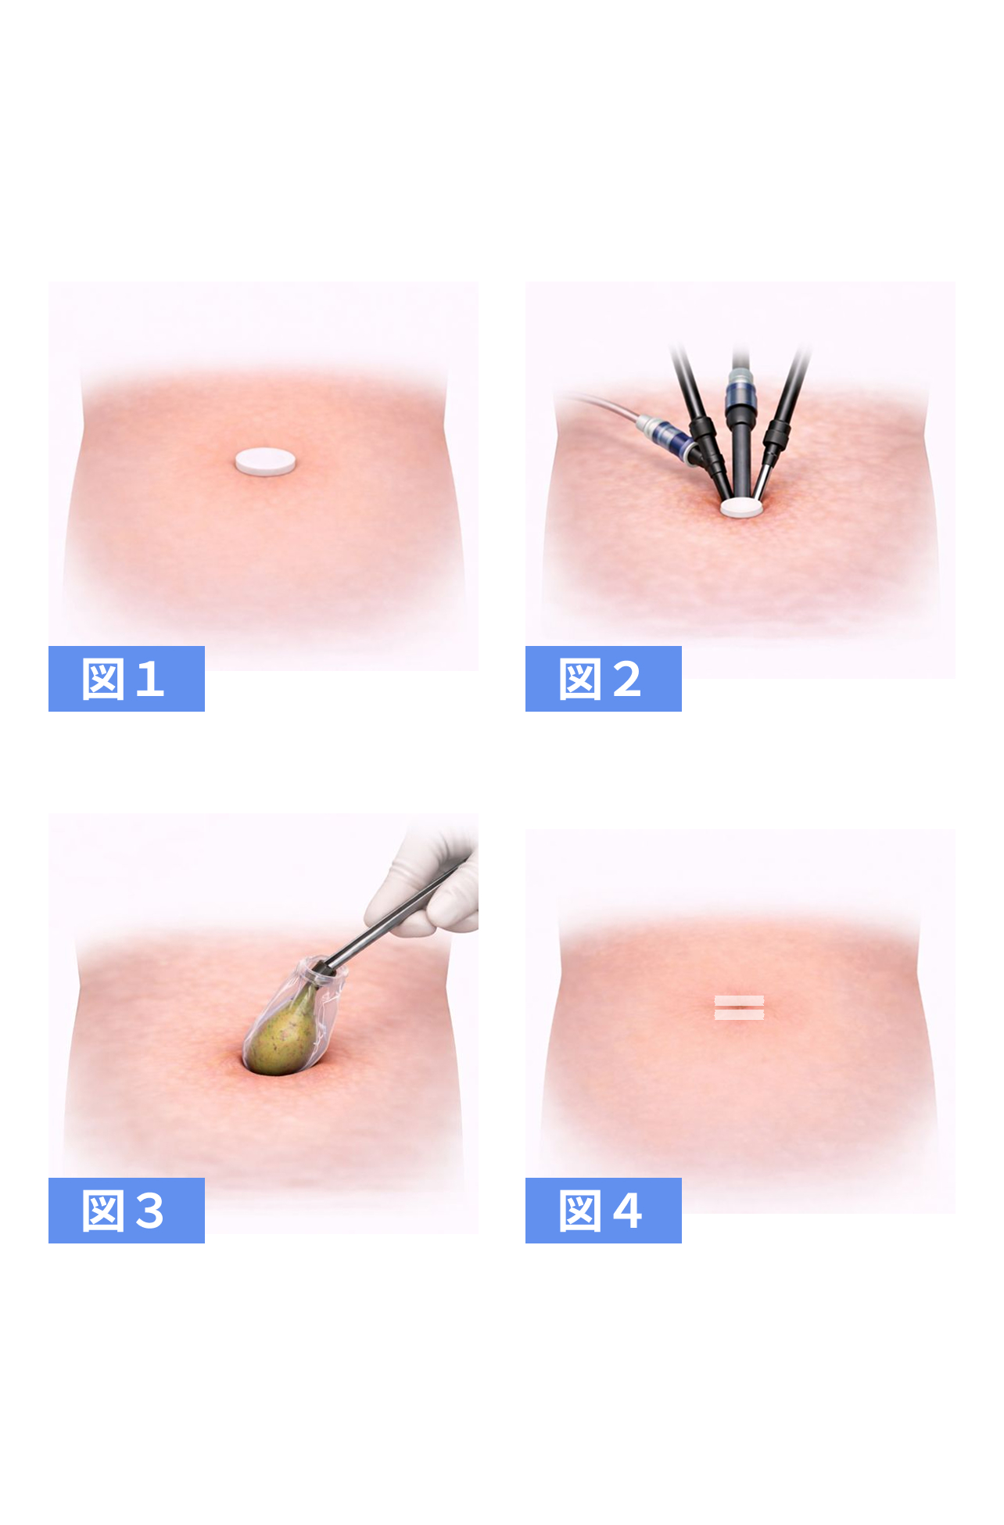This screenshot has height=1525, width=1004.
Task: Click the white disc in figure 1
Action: click(x=265, y=461)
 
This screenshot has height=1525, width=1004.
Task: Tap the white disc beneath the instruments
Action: click(x=740, y=508)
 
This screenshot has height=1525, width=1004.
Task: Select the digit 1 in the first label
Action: click(x=149, y=679)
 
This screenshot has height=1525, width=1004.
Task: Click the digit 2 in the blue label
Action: click(x=627, y=679)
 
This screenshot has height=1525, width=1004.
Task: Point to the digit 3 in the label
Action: click(x=149, y=1211)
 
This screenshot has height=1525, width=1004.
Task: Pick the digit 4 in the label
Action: click(x=627, y=1211)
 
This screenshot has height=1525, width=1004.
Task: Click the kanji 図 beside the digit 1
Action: click(x=103, y=679)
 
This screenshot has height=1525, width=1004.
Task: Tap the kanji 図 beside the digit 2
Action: click(x=580, y=679)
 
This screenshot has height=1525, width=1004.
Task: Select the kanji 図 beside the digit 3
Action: click(x=103, y=1211)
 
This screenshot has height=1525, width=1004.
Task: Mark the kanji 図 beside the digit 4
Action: click(x=580, y=1211)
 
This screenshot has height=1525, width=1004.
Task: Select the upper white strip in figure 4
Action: click(x=739, y=999)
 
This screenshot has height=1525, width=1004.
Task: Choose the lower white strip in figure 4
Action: click(x=739, y=1014)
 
